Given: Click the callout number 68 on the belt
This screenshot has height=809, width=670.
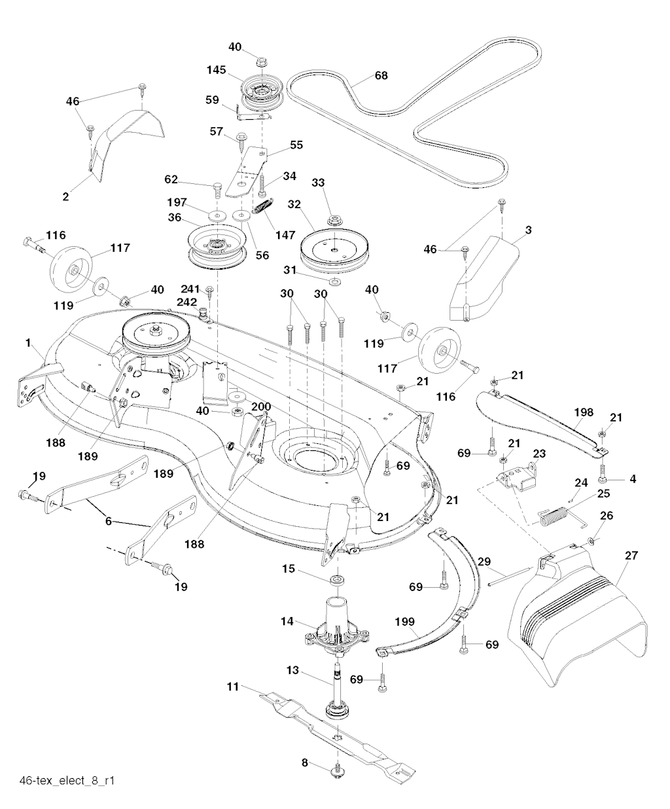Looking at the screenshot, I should (x=380, y=76).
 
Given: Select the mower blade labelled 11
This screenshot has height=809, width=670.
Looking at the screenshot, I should (x=340, y=738).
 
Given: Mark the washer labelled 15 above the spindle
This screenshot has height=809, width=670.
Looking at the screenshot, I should (x=338, y=580).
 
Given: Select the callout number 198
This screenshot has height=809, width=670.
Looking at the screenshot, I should (x=583, y=412).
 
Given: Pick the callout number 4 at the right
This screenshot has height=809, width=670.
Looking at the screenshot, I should (x=632, y=478).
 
